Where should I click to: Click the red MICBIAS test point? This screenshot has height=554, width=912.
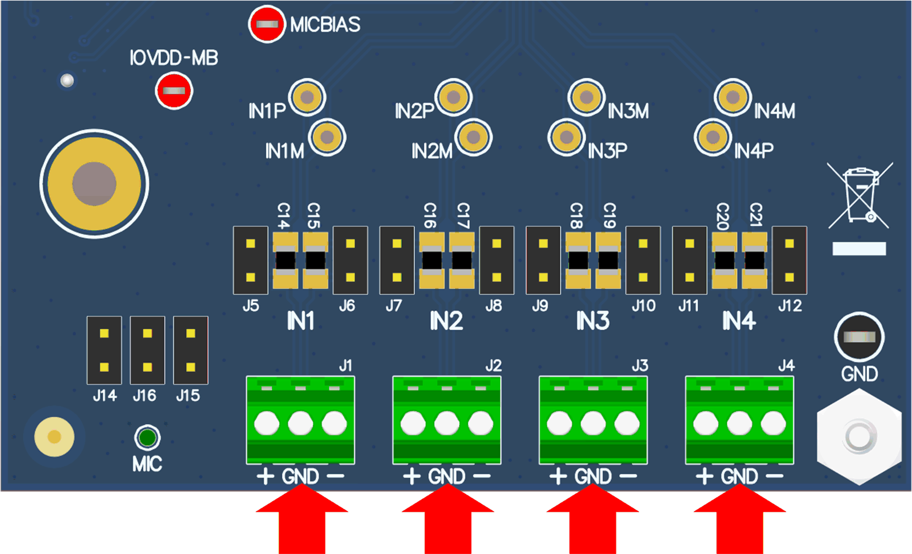[x=266, y=24]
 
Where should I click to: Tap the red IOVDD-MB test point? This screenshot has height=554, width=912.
[x=174, y=91]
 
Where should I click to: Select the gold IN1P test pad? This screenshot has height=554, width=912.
[x=307, y=97]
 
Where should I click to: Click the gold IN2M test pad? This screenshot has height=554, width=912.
[x=473, y=137]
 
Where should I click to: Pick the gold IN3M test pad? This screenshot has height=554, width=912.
[x=586, y=97]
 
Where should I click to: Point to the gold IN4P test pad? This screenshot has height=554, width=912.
[x=712, y=137]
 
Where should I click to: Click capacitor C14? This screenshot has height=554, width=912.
[x=285, y=261]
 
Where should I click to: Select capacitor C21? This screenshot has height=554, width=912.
[x=754, y=261]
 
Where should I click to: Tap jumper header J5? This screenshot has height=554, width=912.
[x=250, y=260]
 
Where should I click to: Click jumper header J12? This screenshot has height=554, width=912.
[x=789, y=260]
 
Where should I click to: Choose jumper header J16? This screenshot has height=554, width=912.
[x=147, y=350]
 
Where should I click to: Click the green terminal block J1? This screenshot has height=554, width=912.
[x=300, y=420]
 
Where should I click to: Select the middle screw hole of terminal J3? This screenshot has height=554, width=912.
[x=593, y=423]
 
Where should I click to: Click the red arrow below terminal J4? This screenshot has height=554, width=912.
[x=739, y=521]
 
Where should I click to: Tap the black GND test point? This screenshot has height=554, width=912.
[x=859, y=337]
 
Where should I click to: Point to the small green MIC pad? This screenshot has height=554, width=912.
[x=147, y=437]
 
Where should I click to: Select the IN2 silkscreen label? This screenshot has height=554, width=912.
[x=446, y=321]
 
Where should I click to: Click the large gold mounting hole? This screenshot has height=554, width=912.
[x=95, y=184]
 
